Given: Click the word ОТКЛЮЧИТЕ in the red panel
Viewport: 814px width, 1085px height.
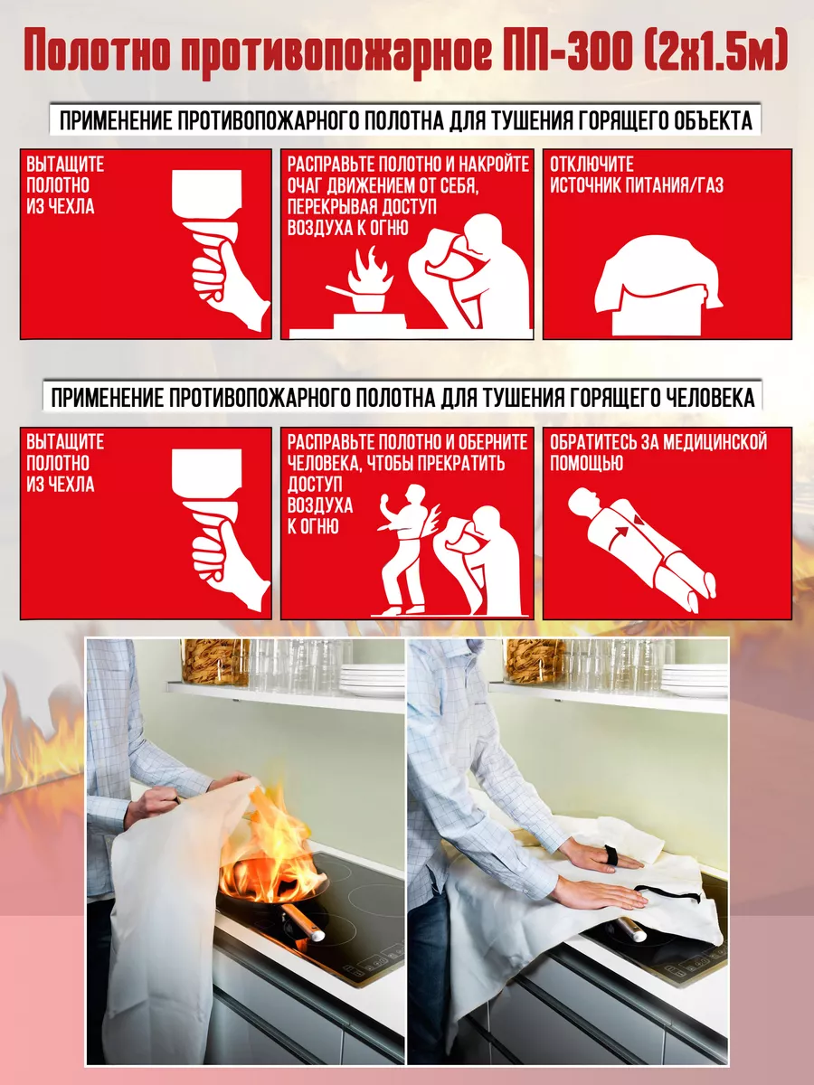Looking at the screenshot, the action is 592,165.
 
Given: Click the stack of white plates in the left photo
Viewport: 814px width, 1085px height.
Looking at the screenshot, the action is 372,680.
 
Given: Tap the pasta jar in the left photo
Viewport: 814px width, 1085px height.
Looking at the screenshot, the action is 215,662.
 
